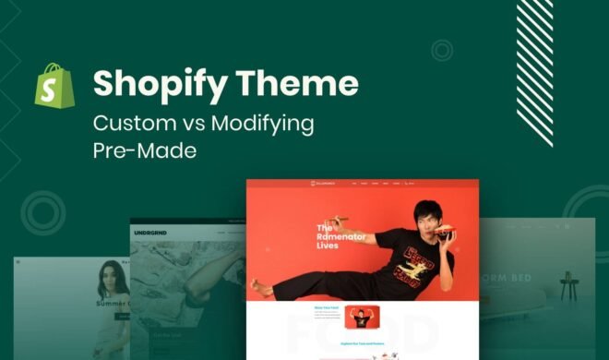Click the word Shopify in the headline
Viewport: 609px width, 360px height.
coord(152,85)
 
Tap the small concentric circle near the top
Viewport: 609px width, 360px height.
coord(442,50)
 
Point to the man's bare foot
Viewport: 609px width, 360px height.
coord(264,289)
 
